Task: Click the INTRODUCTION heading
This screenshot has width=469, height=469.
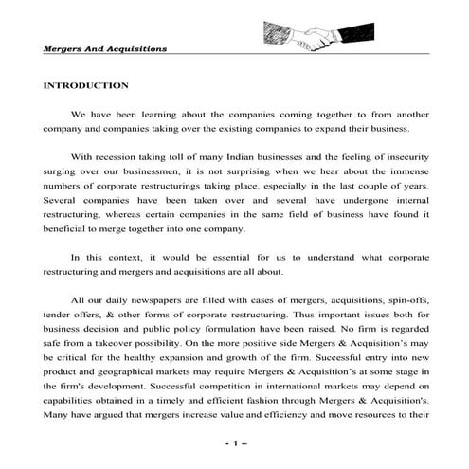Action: (x=85, y=85)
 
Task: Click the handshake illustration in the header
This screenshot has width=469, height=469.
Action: (x=313, y=37)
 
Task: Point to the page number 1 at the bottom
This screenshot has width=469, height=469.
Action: (x=234, y=443)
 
